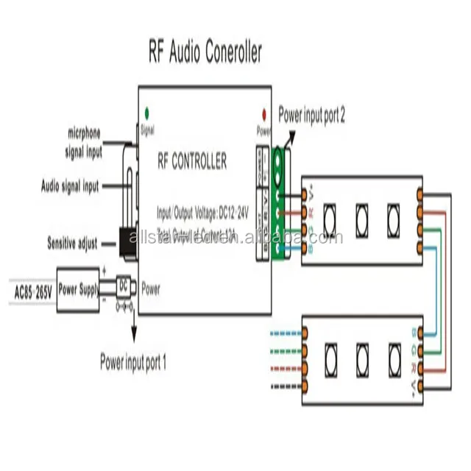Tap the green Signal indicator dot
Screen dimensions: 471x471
(147, 113)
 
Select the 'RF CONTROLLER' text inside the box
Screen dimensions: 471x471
(194, 160)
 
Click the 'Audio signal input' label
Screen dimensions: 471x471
(69, 187)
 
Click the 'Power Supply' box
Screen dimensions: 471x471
(79, 290)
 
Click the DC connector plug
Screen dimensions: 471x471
(124, 289)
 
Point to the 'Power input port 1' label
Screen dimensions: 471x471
(133, 362)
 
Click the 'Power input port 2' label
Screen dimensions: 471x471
(311, 115)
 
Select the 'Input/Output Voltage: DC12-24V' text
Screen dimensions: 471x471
(203, 212)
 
